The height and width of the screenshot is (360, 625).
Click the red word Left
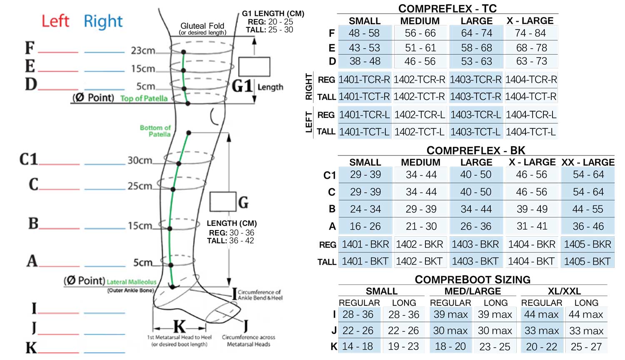[55, 21]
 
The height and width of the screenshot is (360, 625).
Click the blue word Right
[103, 22]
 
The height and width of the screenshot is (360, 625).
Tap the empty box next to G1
[254, 67]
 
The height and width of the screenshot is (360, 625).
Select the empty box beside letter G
[223, 202]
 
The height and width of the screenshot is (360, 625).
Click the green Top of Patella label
[144, 98]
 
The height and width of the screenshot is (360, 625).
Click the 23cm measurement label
[143, 50]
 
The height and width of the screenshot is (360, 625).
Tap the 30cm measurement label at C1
[140, 160]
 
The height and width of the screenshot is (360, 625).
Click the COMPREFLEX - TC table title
[447, 9]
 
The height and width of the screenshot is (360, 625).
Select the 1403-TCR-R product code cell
[475, 80]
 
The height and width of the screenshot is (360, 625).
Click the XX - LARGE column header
[588, 162]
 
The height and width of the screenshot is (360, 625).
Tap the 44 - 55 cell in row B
[587, 209]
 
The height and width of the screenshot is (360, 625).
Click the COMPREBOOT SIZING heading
[472, 280]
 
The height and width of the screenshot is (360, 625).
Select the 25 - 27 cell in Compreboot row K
[586, 347]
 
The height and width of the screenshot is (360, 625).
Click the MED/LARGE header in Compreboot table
[472, 291]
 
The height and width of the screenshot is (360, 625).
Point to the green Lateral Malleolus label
[131, 282]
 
